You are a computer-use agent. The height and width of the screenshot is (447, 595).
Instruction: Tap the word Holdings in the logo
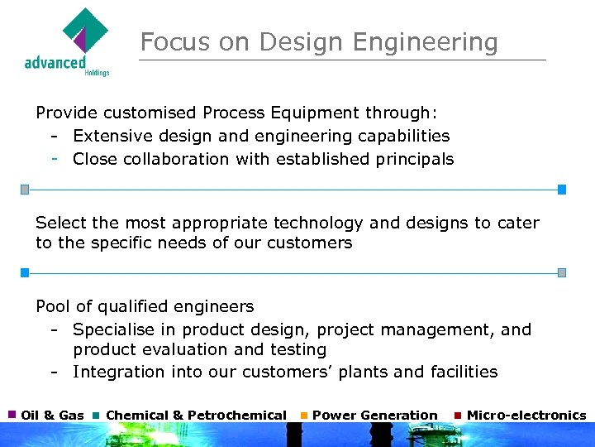pos(97,73)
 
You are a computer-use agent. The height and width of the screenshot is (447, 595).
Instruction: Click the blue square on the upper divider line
pos(562,190)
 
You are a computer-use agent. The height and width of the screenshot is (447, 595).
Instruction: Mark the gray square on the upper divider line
pos(25,190)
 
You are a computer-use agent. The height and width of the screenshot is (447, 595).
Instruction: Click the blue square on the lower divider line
pos(25,272)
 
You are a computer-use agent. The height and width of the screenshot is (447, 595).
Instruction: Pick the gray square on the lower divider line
pos(562,272)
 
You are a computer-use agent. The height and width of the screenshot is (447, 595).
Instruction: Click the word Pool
pos(53,307)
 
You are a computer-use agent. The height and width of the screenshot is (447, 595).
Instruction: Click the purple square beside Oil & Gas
pos(12,414)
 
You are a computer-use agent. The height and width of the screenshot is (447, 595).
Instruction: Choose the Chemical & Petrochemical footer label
pos(196,415)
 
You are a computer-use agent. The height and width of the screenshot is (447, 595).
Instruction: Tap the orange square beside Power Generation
pos(304,414)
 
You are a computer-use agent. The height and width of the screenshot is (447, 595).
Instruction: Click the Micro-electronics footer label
pos(526,415)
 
